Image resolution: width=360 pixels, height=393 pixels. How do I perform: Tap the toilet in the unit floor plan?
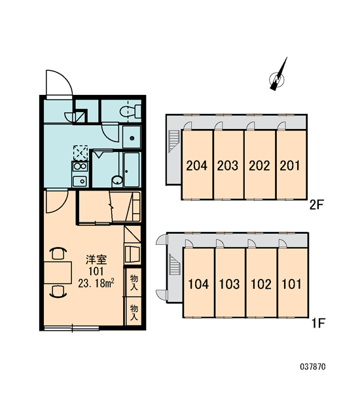point(130,111)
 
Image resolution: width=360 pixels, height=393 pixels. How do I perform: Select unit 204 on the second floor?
point(197,165)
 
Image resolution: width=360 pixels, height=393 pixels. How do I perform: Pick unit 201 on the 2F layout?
point(291,165)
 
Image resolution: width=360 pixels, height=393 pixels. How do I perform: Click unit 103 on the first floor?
point(230,283)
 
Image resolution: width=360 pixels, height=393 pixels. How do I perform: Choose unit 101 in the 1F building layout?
point(293,283)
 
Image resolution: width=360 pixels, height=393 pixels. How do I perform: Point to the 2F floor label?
point(317,205)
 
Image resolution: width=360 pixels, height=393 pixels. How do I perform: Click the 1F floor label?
point(317,324)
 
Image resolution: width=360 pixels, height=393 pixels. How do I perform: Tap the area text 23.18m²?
point(96,284)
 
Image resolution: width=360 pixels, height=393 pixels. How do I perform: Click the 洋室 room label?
point(96,259)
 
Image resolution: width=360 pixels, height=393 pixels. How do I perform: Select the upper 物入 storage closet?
point(134,282)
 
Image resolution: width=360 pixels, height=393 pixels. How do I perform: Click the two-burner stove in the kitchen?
point(80,166)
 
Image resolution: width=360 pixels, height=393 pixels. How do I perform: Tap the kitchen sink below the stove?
point(80,181)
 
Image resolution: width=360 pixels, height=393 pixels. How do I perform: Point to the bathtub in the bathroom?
point(132,170)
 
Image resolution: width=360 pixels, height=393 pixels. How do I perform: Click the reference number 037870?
point(313,367)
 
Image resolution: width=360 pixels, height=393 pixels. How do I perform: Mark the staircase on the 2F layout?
point(173,141)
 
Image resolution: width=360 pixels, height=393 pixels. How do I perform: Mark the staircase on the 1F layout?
point(175,265)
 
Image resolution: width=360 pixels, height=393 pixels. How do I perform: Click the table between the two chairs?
point(58,272)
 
